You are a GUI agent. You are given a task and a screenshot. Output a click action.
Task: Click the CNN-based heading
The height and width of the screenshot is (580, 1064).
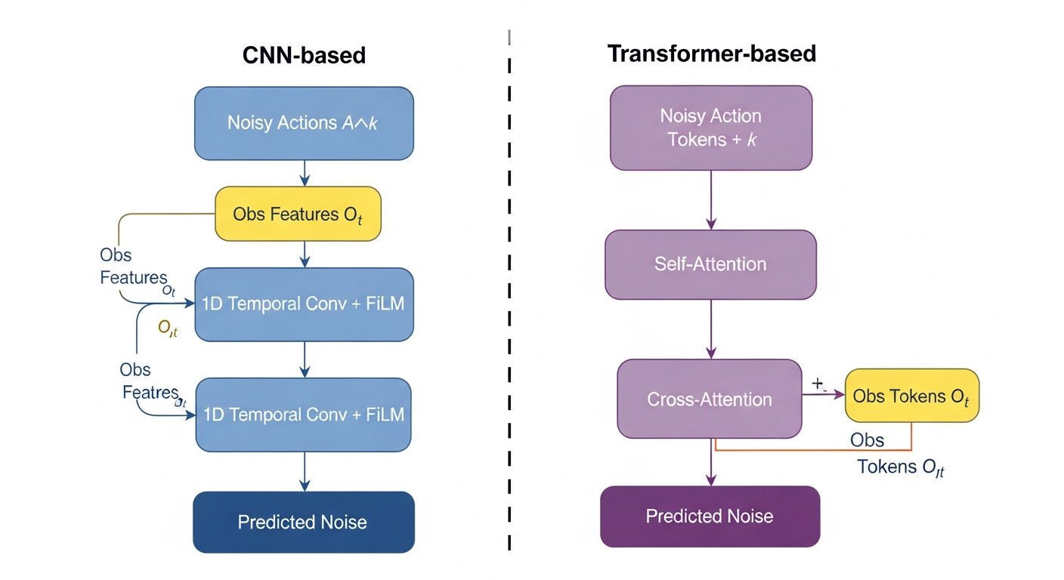[304, 55]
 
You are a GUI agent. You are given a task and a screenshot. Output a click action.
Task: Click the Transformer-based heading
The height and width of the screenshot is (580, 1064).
[711, 54]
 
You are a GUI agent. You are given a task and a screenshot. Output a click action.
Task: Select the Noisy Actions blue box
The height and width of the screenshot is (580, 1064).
[304, 123]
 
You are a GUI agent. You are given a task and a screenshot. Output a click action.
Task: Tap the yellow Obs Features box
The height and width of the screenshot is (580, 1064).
[298, 214]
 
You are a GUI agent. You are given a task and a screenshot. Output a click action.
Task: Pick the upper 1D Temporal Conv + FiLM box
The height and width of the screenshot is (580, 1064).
[304, 304]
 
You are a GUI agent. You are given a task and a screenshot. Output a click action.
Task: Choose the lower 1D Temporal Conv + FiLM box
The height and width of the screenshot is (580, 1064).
[304, 415]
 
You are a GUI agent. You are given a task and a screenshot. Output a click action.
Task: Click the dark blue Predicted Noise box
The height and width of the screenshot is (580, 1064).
[304, 522]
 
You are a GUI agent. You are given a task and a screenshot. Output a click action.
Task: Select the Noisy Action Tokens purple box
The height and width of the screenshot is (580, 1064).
[710, 127]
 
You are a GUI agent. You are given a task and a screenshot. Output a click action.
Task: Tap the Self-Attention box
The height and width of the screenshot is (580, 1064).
[710, 264]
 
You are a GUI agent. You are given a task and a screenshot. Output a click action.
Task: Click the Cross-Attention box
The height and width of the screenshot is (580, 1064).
[709, 399]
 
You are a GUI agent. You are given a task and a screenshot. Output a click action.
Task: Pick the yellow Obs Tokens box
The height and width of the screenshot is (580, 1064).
[911, 395]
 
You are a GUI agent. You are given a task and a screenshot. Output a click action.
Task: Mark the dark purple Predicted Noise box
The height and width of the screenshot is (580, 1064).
[710, 517]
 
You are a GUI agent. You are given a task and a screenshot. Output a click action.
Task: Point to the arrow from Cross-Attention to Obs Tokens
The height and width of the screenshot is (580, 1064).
[822, 395]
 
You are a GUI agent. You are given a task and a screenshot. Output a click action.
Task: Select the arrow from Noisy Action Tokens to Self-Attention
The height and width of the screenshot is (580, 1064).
[711, 199]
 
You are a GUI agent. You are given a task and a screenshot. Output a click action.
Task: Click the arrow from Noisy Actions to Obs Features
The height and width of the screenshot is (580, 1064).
[305, 173]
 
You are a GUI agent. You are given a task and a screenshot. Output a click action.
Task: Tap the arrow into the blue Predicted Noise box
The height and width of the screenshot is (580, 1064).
[305, 471]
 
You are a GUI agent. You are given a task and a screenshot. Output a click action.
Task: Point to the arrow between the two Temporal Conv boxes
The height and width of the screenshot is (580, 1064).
[305, 359]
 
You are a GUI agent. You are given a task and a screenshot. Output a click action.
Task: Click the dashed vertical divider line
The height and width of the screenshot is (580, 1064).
[510, 302]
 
